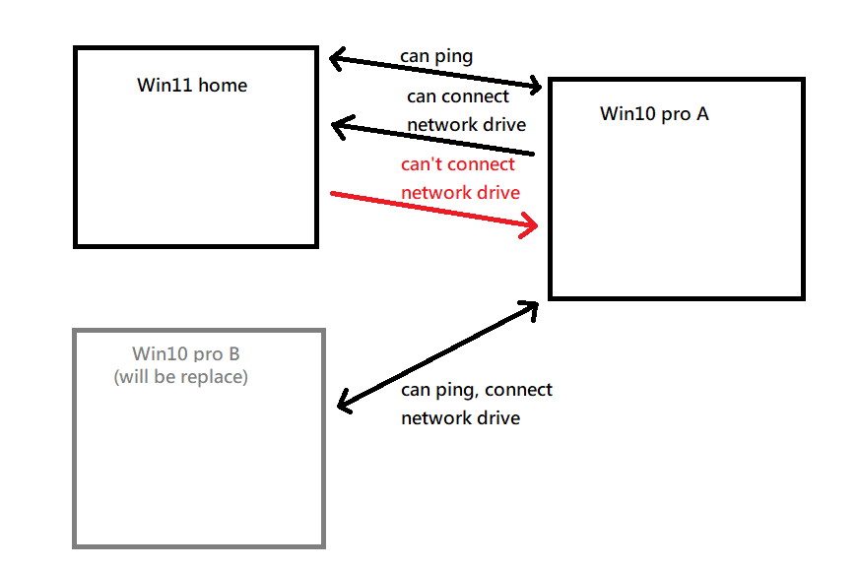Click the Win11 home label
(x=192, y=86)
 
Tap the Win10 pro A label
(x=654, y=114)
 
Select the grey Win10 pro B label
(x=186, y=353)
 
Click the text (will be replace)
(x=180, y=376)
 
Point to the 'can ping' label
(x=436, y=56)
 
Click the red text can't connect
(x=458, y=164)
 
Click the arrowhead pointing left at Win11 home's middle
(x=341, y=127)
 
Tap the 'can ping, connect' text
(x=477, y=390)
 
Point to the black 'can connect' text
(x=458, y=96)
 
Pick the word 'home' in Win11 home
(x=222, y=86)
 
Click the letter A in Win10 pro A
(x=701, y=114)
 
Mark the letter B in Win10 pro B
(x=233, y=353)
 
